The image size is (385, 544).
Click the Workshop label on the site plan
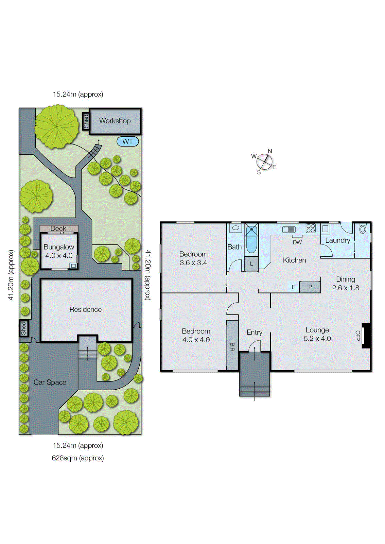pyautogui.click(x=115, y=121)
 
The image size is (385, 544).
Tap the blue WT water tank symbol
pyautogui.click(x=128, y=141)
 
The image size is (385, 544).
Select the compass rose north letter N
pyautogui.click(x=270, y=151)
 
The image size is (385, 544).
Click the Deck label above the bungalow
pyautogui.click(x=58, y=228)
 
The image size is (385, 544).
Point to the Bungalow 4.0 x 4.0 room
pyautogui.click(x=59, y=251)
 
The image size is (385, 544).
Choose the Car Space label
pyautogui.click(x=50, y=382)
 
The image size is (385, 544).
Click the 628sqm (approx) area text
pyautogui.click(x=78, y=458)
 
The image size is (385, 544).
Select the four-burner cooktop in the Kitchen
pyautogui.click(x=311, y=228)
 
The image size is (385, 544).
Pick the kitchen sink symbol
pyautogui.click(x=289, y=230)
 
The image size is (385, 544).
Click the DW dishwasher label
pyautogui.click(x=297, y=242)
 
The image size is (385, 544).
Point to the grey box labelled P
pyautogui.click(x=310, y=287)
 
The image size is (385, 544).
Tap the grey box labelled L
pyautogui.click(x=251, y=264)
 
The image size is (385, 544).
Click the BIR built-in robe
pyautogui.click(x=232, y=345)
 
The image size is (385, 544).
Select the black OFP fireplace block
pyautogui.click(x=366, y=336)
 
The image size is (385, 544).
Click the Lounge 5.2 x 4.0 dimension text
pyautogui.click(x=317, y=339)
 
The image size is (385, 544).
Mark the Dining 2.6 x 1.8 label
pyautogui.click(x=346, y=284)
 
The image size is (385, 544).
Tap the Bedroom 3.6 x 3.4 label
pyautogui.click(x=193, y=258)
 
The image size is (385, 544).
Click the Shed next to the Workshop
pyautogui.click(x=86, y=121)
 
